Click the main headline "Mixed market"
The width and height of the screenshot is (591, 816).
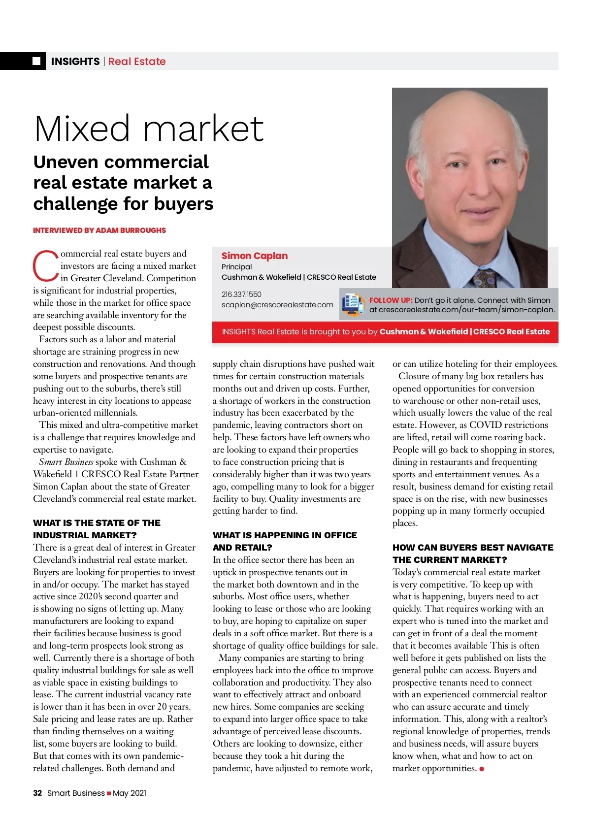(x=149, y=129)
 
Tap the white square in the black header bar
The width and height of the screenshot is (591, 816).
(x=36, y=61)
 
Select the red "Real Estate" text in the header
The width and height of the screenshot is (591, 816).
(x=137, y=62)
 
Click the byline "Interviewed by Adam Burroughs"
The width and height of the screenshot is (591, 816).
(x=99, y=230)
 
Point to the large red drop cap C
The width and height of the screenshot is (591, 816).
(x=45, y=266)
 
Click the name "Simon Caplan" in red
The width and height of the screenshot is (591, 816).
(x=255, y=256)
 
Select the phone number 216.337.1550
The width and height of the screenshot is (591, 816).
(x=241, y=294)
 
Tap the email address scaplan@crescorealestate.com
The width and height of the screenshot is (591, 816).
(x=277, y=305)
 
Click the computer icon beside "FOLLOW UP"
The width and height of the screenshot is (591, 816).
(x=353, y=304)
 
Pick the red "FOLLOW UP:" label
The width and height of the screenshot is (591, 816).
(x=391, y=300)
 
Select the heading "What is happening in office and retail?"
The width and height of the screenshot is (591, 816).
(x=285, y=541)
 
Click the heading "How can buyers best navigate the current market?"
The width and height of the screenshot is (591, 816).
(x=473, y=554)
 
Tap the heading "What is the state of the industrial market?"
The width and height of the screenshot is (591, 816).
(x=97, y=529)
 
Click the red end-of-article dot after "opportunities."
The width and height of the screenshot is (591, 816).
(x=482, y=769)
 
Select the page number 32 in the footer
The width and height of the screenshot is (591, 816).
(x=37, y=793)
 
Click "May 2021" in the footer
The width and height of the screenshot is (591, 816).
(x=130, y=793)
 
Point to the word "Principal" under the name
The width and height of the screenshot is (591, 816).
(x=236, y=266)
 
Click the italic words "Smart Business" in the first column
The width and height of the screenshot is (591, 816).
(x=66, y=462)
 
